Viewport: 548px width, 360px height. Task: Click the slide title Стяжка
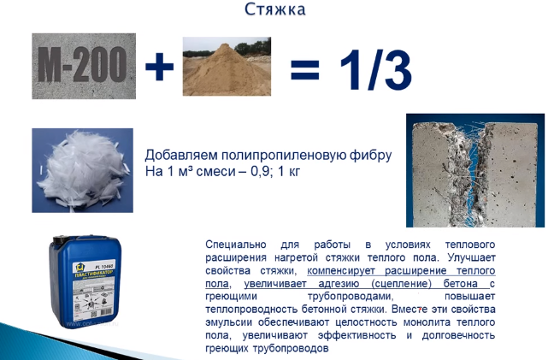(x=274, y=11)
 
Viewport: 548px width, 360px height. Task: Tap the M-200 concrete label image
(x=84, y=66)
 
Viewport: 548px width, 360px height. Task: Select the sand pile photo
(x=226, y=65)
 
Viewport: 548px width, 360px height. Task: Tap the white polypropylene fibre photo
(x=82, y=169)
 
